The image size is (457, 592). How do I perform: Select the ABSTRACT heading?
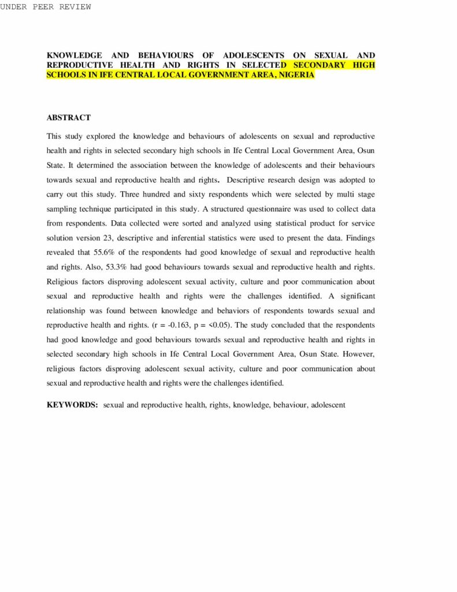point(68,118)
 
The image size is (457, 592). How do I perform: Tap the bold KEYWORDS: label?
point(72,405)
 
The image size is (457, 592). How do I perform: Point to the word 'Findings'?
point(361,238)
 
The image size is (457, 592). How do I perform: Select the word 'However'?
point(359,354)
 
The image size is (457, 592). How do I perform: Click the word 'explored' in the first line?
point(103,136)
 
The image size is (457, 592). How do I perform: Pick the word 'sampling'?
point(61,209)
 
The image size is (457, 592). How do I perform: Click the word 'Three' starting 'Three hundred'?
point(131,195)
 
